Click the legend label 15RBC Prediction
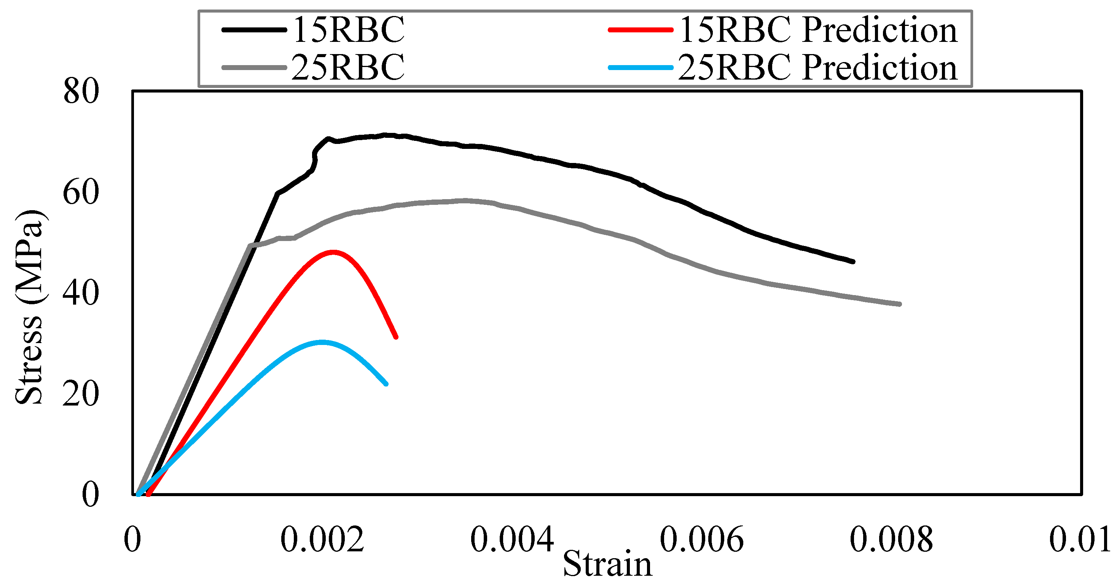click(x=818, y=30)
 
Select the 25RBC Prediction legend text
click(x=818, y=68)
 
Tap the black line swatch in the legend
click(x=254, y=30)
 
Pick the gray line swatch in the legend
click(x=254, y=68)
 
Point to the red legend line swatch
click(x=641, y=30)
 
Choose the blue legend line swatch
click(x=641, y=68)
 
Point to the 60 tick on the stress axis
click(x=81, y=193)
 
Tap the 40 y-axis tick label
click(x=81, y=294)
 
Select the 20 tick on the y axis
click(x=81, y=394)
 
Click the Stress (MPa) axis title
click(x=29, y=307)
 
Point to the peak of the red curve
click(x=333, y=252)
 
